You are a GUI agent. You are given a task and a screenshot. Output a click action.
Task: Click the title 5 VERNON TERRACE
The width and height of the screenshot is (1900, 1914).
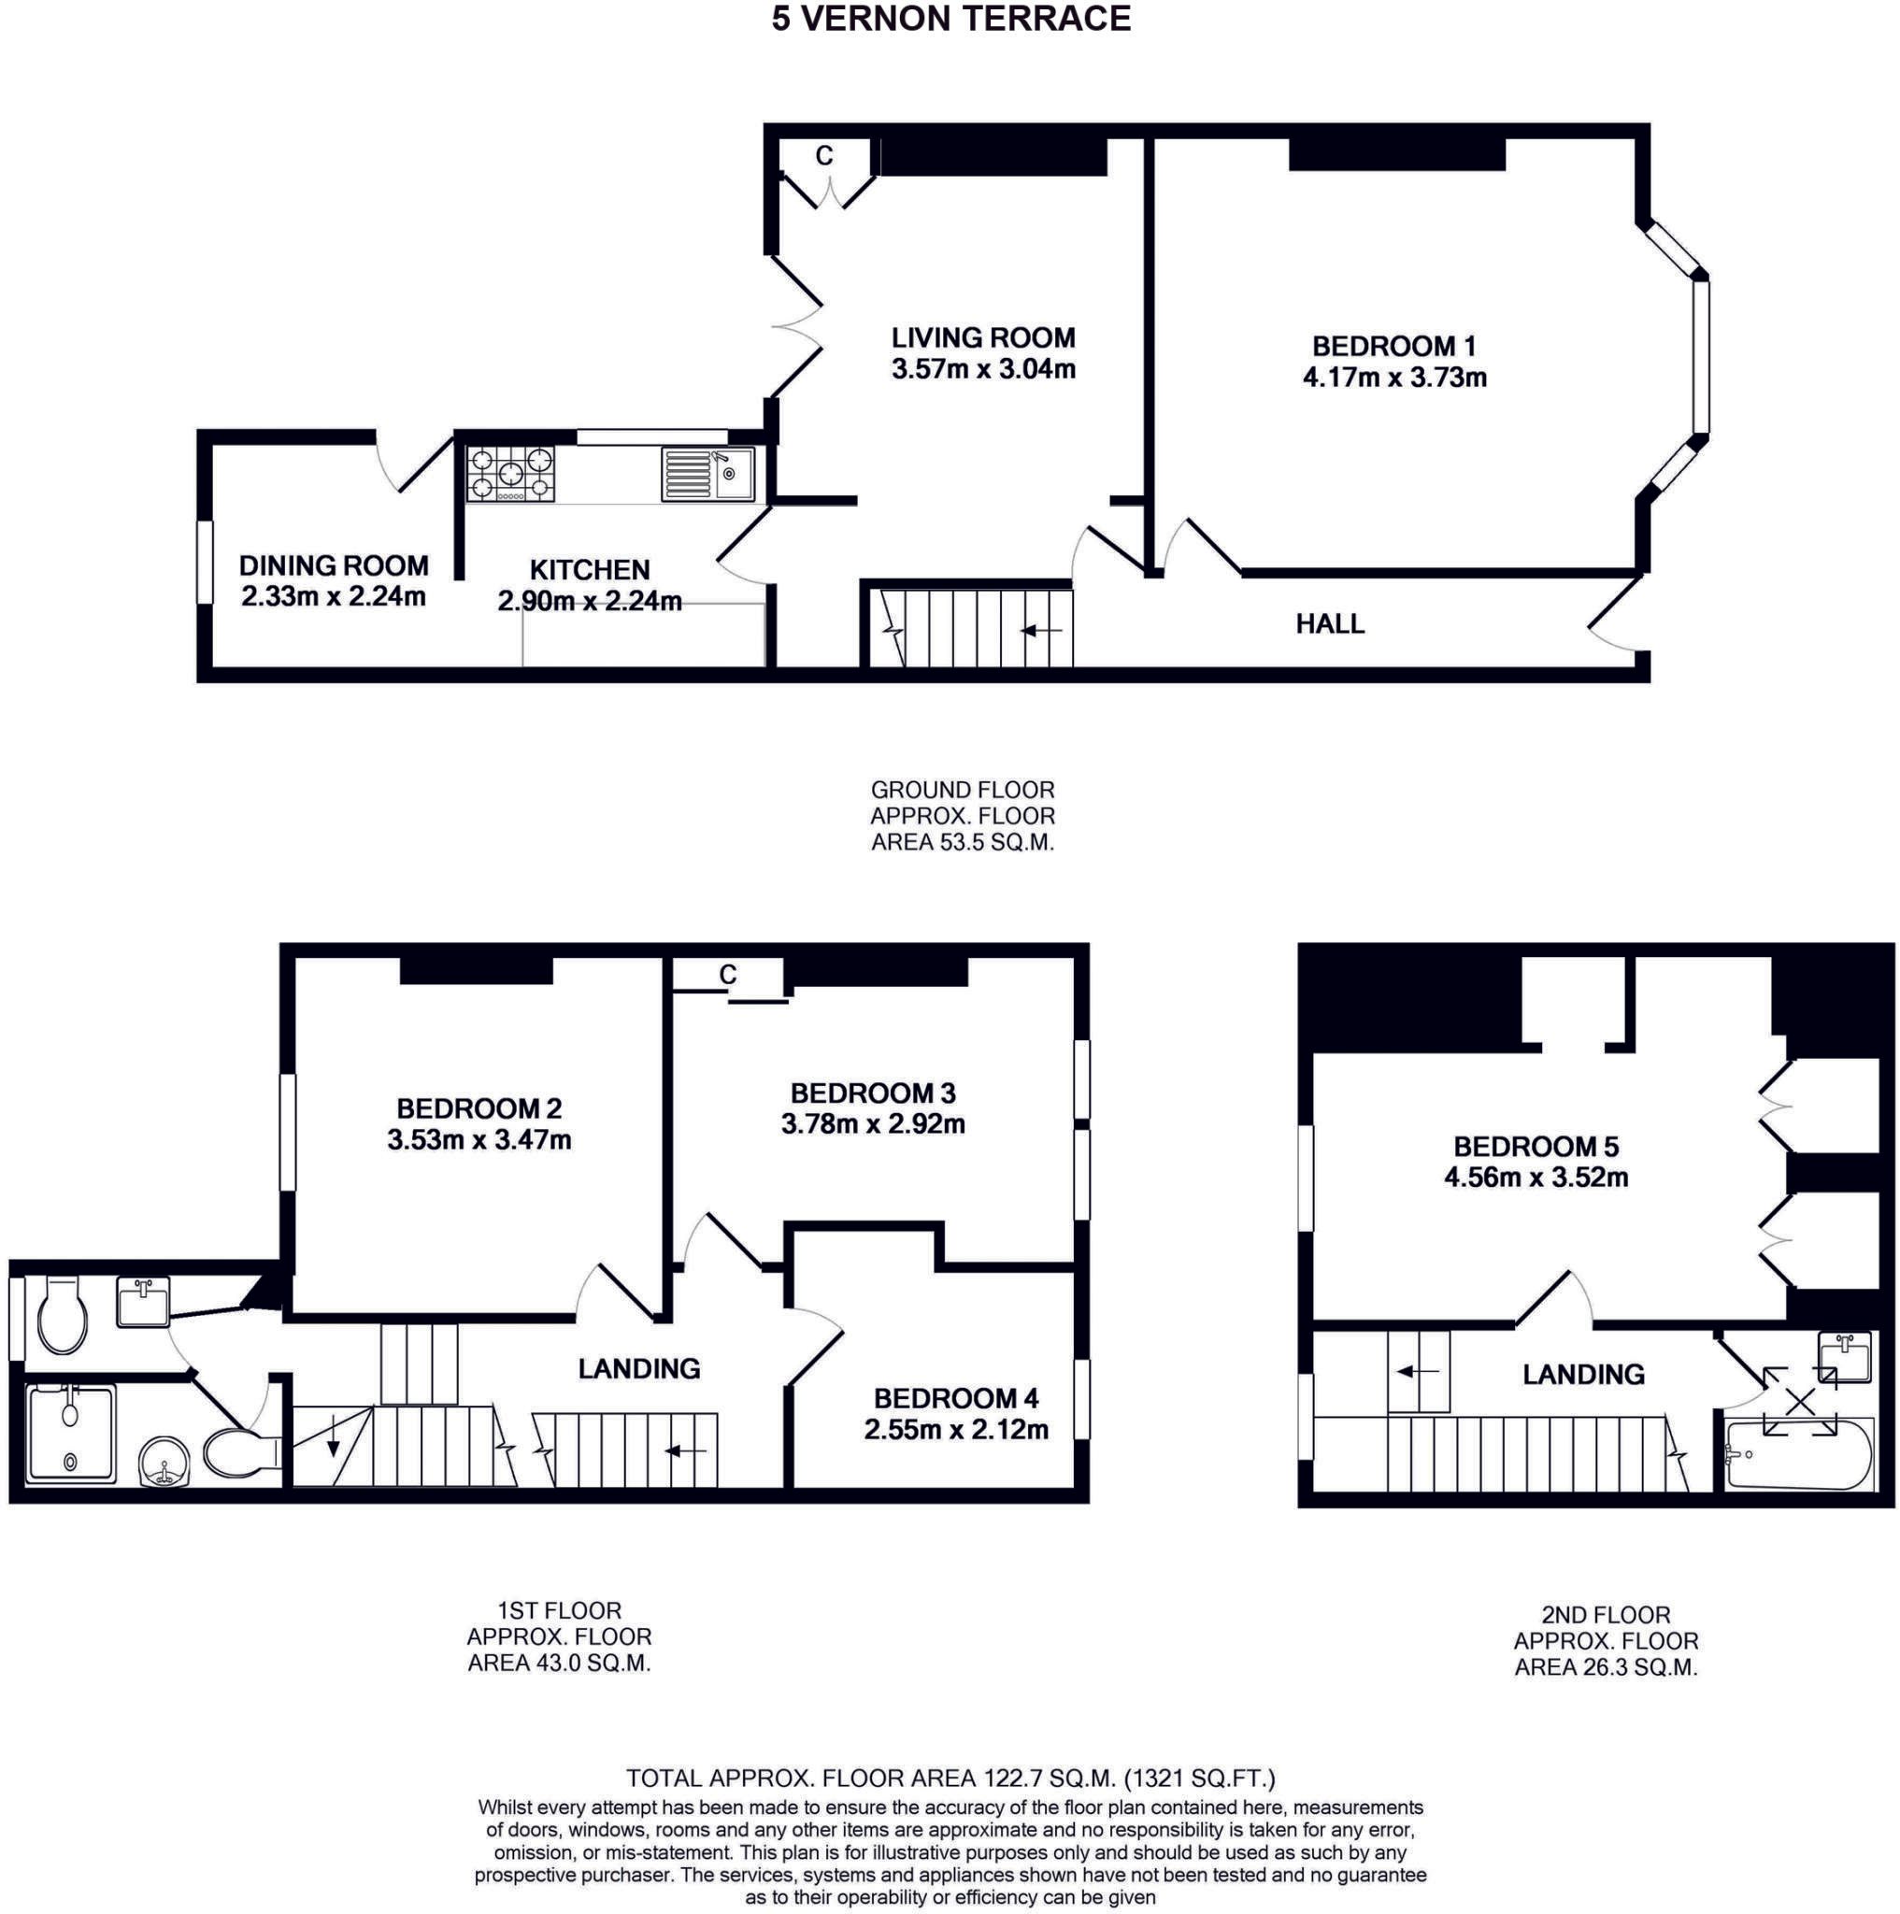tap(951, 19)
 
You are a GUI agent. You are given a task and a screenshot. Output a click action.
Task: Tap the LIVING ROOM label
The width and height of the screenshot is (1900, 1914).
tap(982, 337)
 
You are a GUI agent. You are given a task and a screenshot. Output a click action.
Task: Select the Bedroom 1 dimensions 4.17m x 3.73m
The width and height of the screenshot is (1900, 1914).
tap(1393, 378)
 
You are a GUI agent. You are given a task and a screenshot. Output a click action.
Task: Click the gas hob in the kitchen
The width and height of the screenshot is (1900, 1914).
tap(511, 474)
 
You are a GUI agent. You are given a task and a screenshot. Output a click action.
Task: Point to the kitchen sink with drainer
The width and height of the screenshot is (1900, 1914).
tap(708, 474)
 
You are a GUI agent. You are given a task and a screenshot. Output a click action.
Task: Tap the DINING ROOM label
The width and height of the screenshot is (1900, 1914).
tap(334, 565)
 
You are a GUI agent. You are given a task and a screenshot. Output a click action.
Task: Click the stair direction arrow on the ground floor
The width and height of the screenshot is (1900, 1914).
tap(1042, 630)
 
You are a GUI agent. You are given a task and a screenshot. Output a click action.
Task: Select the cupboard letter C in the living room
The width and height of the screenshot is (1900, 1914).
tap(824, 155)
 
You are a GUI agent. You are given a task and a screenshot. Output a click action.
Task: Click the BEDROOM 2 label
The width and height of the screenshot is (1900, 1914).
tap(479, 1107)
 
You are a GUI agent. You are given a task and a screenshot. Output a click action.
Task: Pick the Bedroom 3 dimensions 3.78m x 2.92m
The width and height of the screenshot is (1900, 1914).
tap(873, 1123)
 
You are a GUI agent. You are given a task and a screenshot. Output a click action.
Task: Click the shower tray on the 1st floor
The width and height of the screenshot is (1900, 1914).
tap(71, 1434)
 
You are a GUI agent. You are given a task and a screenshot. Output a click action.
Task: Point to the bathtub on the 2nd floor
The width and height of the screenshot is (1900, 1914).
tap(1799, 1455)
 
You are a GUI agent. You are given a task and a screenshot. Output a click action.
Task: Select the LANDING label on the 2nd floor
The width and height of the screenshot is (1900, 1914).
tap(1583, 1374)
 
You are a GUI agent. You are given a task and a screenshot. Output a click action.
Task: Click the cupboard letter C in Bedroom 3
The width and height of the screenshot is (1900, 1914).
tap(728, 975)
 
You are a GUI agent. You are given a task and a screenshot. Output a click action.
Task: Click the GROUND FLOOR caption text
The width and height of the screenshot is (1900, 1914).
tap(962, 790)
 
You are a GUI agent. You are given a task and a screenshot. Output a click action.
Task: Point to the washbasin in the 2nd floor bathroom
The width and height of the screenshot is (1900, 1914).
tap(1844, 1356)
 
